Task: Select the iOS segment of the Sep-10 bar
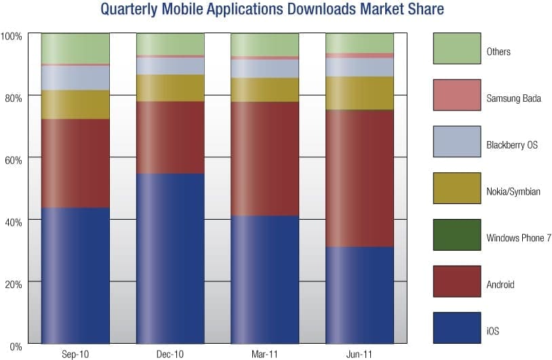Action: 75,275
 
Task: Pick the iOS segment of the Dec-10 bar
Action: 170,258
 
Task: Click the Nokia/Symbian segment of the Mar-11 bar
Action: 265,89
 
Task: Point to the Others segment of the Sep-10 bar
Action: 75,48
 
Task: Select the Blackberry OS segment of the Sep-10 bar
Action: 75,78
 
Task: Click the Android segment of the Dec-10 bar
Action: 170,138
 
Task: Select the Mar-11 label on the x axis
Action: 265,354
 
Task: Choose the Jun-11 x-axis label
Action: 360,354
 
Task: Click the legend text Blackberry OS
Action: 512,145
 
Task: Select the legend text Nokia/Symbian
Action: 513,192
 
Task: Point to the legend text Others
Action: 498,52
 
